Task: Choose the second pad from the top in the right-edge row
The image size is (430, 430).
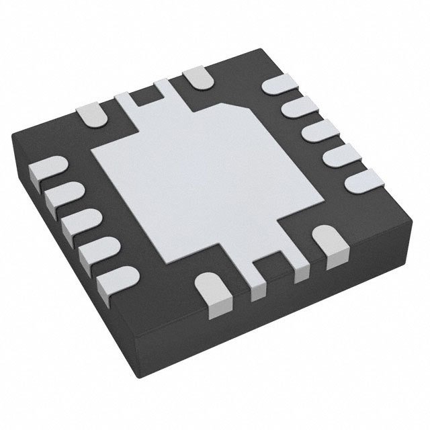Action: click(x=296, y=107)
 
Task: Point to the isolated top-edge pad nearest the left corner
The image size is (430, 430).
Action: click(x=93, y=114)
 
